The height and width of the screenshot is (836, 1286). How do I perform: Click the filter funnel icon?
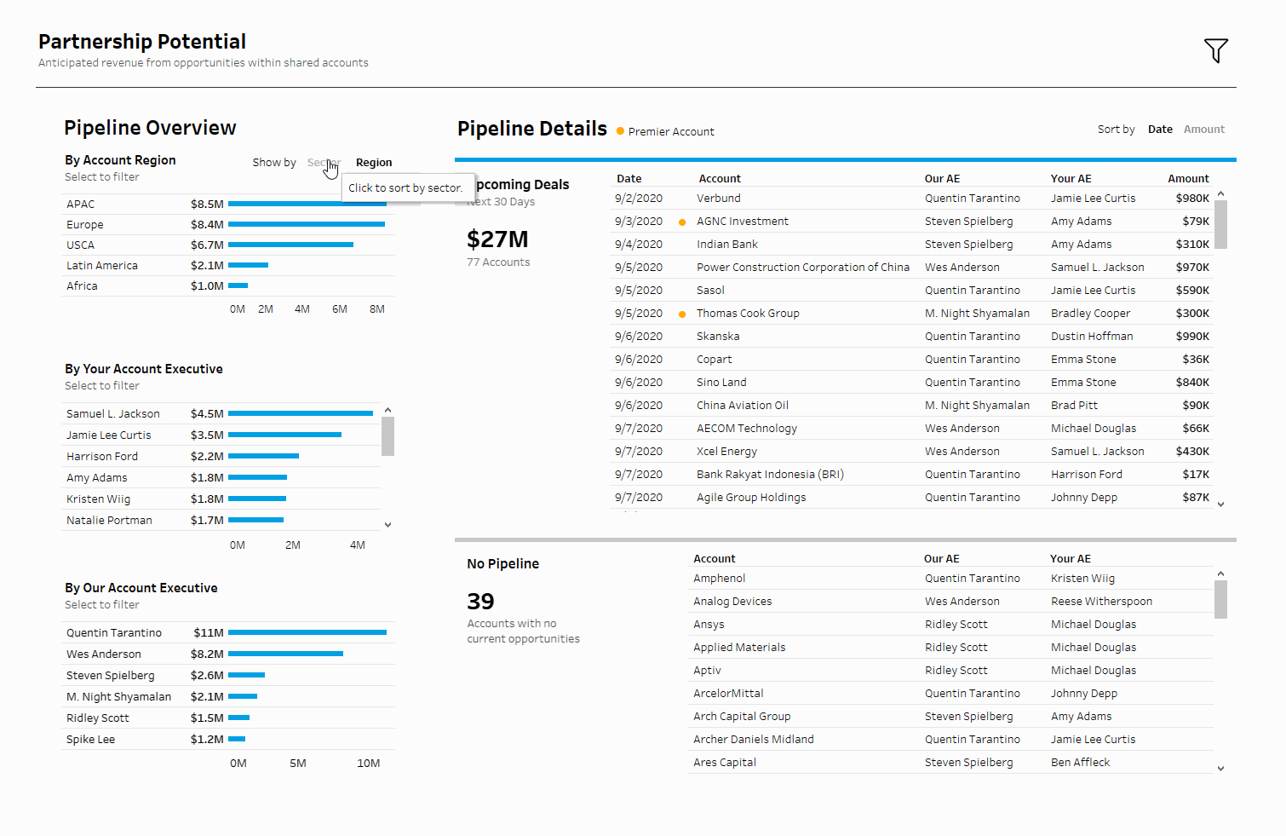click(1215, 50)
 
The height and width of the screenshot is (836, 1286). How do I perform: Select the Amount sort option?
click(1203, 130)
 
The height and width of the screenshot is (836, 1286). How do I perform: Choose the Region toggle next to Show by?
click(374, 163)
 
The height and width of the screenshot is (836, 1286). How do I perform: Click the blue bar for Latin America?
click(248, 265)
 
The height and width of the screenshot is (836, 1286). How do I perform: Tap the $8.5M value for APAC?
click(207, 205)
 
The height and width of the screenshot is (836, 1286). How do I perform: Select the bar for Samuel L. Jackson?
click(300, 413)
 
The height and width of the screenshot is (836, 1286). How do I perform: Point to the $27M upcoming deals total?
click(497, 239)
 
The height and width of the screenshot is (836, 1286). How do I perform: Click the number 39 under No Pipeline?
click(480, 602)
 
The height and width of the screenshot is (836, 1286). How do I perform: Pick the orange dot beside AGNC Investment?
click(682, 222)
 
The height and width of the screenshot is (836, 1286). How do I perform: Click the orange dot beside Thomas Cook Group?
click(682, 314)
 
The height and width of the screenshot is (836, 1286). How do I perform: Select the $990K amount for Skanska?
click(1192, 337)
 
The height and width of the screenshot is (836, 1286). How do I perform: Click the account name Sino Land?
click(721, 383)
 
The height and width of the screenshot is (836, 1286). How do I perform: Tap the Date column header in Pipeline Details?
click(629, 179)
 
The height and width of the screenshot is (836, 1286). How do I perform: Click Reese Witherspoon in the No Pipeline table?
click(1101, 602)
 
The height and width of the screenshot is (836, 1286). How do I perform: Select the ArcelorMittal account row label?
click(728, 694)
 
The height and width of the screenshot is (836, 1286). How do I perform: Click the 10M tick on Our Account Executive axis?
click(368, 764)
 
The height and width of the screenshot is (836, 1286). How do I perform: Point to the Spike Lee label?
click(90, 740)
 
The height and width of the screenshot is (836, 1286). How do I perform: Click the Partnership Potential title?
click(142, 42)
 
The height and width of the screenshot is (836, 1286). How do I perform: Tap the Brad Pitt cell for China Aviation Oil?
click(1074, 406)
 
